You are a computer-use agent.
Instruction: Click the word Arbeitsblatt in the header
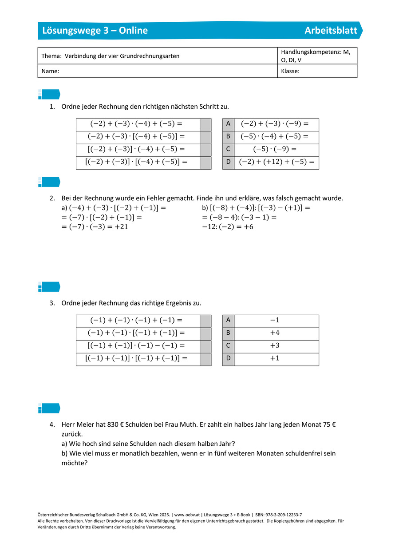(331, 31)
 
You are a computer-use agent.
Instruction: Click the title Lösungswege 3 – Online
(95, 31)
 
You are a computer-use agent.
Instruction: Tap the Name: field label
(51, 71)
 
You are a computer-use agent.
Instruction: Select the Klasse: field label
(290, 71)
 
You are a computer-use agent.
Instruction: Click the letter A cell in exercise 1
(228, 124)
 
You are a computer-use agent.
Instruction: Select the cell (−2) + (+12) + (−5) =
(276, 163)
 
